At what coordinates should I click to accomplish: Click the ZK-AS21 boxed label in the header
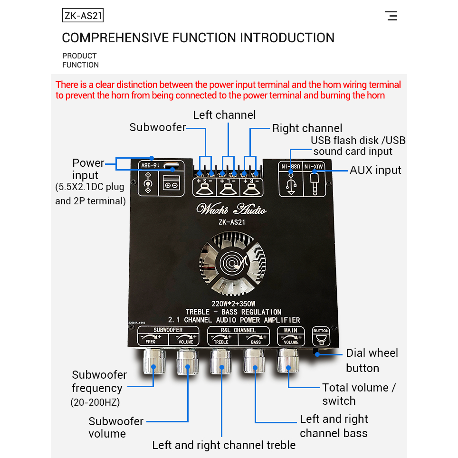(x=83, y=16)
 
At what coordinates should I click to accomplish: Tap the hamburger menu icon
(x=391, y=16)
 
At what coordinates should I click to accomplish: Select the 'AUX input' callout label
(x=375, y=170)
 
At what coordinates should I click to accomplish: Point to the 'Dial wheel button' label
(x=372, y=360)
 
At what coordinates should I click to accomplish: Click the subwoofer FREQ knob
(x=154, y=363)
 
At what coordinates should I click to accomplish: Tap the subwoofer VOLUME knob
(x=187, y=363)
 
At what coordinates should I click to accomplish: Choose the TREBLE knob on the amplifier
(x=221, y=363)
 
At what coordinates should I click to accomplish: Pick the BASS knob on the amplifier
(x=254, y=363)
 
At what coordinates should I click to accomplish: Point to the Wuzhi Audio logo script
(x=231, y=209)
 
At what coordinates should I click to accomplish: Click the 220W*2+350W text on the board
(x=233, y=304)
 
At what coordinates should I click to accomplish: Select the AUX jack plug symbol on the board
(x=314, y=183)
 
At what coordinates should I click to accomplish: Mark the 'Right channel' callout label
(x=307, y=128)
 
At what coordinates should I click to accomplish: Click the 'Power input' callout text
(x=88, y=169)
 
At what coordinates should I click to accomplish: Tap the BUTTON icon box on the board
(x=321, y=336)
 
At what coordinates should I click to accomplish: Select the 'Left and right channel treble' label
(x=224, y=445)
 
